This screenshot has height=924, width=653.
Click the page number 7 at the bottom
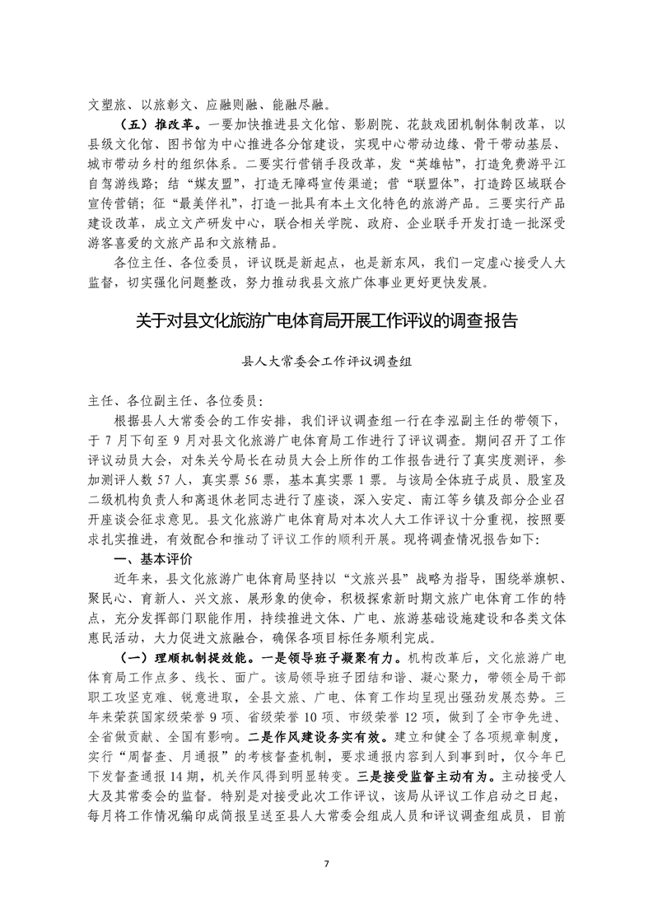[x=326, y=864]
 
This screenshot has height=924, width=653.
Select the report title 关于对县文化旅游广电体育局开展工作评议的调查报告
[x=326, y=320]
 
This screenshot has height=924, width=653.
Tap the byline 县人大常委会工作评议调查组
[x=326, y=362]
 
